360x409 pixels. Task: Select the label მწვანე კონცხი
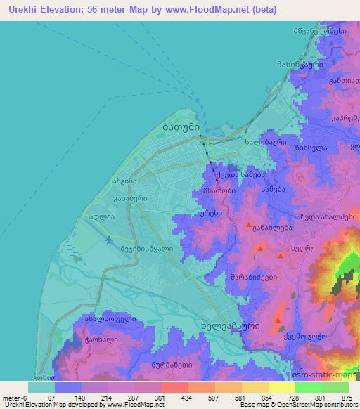pos(319,32)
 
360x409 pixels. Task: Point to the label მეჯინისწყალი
pos(146,247)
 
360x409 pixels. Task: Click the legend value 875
pos(347,398)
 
